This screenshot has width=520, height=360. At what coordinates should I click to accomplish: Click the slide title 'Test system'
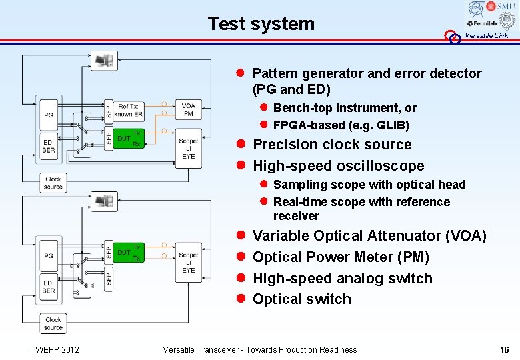tap(261, 24)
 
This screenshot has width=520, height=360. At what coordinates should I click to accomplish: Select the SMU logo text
tap(501, 7)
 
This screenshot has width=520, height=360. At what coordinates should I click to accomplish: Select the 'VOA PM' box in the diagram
tap(189, 110)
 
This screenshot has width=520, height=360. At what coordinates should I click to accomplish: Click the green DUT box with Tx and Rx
tap(128, 139)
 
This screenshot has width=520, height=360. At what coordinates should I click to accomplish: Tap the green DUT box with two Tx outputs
tap(128, 253)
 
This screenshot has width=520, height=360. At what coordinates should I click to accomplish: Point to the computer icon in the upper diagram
tap(105, 61)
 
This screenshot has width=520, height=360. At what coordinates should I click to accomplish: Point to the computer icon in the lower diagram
tap(105, 200)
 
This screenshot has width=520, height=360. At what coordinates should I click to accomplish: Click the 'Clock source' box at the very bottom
tap(53, 323)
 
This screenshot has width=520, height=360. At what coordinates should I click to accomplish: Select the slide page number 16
tap(504, 349)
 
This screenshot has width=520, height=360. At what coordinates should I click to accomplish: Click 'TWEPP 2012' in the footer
tap(55, 349)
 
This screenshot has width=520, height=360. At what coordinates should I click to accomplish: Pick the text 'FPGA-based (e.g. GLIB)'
tap(341, 125)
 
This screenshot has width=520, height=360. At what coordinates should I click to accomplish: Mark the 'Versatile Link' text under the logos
tap(486, 36)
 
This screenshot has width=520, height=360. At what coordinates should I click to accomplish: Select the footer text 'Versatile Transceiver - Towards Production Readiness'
tap(260, 349)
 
